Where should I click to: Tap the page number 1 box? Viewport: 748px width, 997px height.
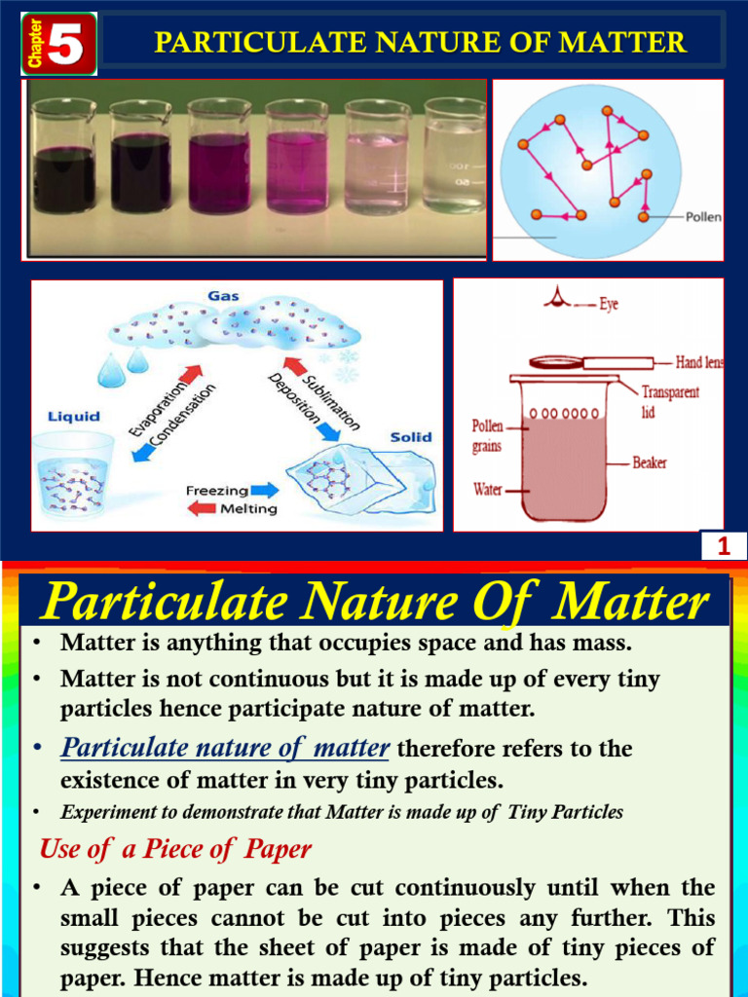[x=723, y=548]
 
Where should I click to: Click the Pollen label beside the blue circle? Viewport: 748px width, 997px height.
[x=703, y=217]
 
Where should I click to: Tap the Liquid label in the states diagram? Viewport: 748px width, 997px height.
[x=74, y=417]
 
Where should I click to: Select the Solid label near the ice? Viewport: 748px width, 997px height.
[x=411, y=437]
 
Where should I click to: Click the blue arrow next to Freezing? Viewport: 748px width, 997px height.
[x=263, y=491]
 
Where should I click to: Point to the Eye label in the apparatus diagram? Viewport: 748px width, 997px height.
[x=609, y=305]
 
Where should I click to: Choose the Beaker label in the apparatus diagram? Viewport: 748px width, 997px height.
[x=650, y=462]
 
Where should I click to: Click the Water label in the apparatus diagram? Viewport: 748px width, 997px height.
[x=489, y=489]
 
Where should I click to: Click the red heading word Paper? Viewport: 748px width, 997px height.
[x=277, y=849]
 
